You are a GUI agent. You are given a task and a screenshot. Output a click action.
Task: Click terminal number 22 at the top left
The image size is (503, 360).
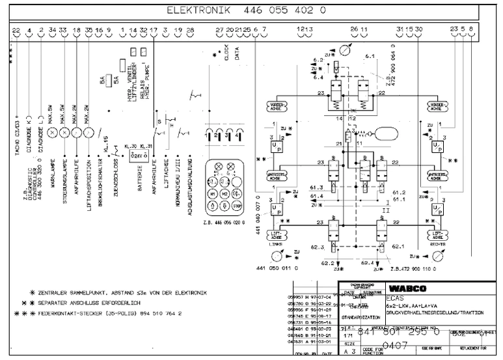click(x=16, y=30)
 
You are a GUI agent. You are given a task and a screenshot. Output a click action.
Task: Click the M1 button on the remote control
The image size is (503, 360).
click(x=213, y=194)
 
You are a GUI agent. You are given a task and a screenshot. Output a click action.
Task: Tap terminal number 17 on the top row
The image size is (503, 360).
click(x=154, y=30)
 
